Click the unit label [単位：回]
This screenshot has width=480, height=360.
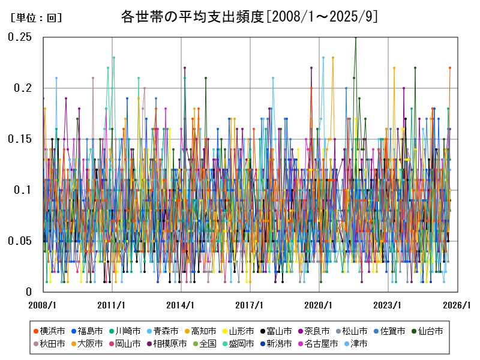37,18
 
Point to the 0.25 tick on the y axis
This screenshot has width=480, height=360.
20,37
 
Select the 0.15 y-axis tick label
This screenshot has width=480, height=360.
20,139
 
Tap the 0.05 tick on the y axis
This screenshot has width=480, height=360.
20,241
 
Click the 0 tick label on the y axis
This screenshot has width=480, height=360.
28,292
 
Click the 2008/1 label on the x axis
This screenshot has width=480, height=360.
43,305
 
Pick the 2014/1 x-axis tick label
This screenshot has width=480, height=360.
181,305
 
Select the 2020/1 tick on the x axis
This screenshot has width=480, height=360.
319,305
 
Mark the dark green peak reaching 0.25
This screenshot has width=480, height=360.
356,38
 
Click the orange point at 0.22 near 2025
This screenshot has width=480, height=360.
450,68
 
